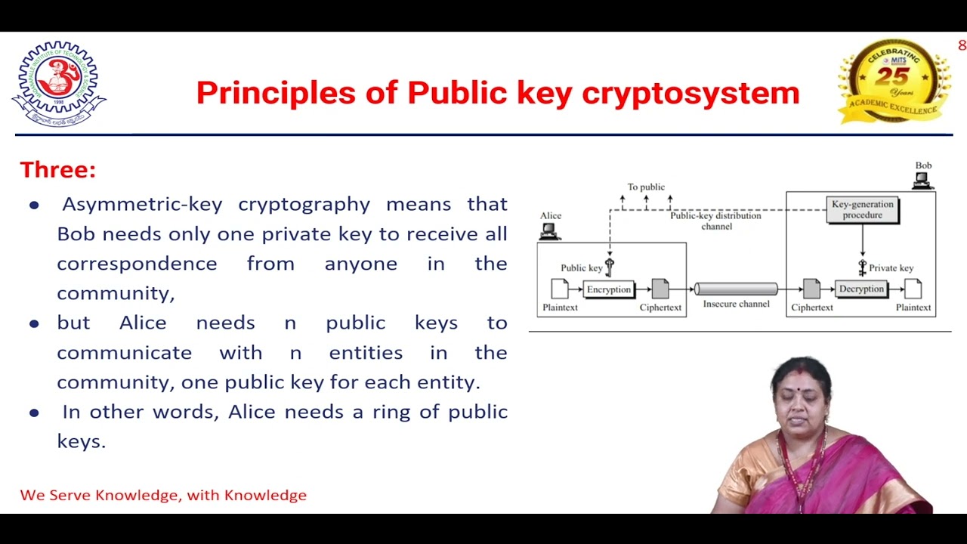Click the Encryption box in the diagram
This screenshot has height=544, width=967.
[608, 289]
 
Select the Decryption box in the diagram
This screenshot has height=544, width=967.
[861, 289]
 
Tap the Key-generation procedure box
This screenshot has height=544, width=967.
[862, 209]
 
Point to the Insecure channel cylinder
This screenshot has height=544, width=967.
[736, 289]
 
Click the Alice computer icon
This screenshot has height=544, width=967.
[550, 231]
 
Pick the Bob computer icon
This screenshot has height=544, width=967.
[922, 181]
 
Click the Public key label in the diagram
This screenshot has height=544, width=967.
[581, 267]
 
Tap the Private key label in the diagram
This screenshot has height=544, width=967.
[891, 267]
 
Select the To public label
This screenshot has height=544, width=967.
[646, 187]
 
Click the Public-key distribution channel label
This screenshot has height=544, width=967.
[715, 221]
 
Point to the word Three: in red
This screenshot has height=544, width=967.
[58, 170]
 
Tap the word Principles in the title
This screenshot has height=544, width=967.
[276, 93]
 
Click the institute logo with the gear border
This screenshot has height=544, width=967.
[59, 83]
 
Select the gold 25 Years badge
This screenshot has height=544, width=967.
[894, 82]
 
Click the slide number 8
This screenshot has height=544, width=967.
[962, 45]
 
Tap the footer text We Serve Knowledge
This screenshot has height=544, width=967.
[163, 496]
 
